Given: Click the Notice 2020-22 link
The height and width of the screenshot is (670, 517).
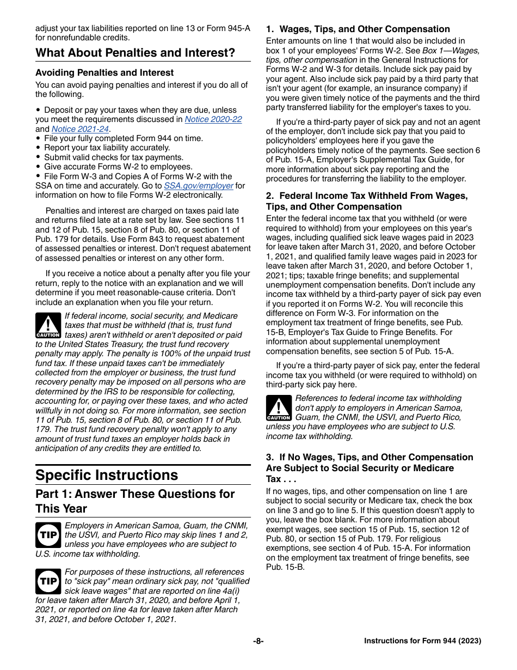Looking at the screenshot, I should click(x=213, y=119).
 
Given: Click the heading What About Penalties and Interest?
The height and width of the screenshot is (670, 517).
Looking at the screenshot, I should click(x=136, y=53).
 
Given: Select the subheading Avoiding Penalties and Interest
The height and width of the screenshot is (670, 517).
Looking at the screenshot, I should click(x=104, y=72).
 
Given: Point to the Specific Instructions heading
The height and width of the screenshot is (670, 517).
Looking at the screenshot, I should click(x=107, y=475).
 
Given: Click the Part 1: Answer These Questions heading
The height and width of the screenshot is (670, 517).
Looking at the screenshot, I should click(x=135, y=501).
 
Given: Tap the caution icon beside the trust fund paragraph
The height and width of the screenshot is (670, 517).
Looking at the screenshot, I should click(x=48, y=326).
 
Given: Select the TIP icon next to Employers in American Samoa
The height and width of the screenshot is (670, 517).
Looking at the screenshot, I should click(x=48, y=535).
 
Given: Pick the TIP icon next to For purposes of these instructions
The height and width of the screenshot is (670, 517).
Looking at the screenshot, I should click(x=48, y=581).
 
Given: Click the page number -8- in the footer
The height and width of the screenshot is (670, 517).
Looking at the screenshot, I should click(x=258, y=641).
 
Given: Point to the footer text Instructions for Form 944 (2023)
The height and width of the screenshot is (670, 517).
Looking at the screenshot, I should click(x=422, y=641).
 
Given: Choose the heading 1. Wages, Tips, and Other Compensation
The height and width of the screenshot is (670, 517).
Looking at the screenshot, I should click(x=358, y=29).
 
